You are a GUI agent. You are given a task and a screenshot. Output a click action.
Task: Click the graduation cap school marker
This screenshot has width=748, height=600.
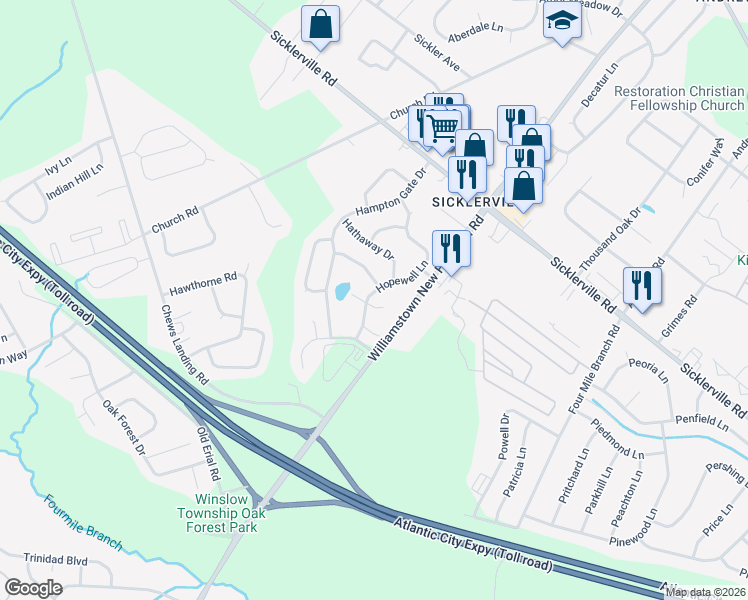(x=563, y=23)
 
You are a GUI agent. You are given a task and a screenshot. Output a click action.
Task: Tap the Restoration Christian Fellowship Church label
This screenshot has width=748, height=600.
(x=679, y=98)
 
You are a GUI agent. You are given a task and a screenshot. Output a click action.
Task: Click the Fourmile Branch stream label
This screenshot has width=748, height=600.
(x=82, y=521)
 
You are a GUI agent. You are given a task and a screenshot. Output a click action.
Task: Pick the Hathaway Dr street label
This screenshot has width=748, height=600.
(x=368, y=241)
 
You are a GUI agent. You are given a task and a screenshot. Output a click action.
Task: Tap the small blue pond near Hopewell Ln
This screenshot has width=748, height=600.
(x=342, y=292)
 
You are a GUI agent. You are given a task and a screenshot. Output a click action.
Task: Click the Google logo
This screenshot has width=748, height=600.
(x=34, y=588)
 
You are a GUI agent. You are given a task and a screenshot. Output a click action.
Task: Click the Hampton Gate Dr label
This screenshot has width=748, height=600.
(x=391, y=191)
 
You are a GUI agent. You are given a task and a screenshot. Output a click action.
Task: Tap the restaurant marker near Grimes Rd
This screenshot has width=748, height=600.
(x=641, y=285)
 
